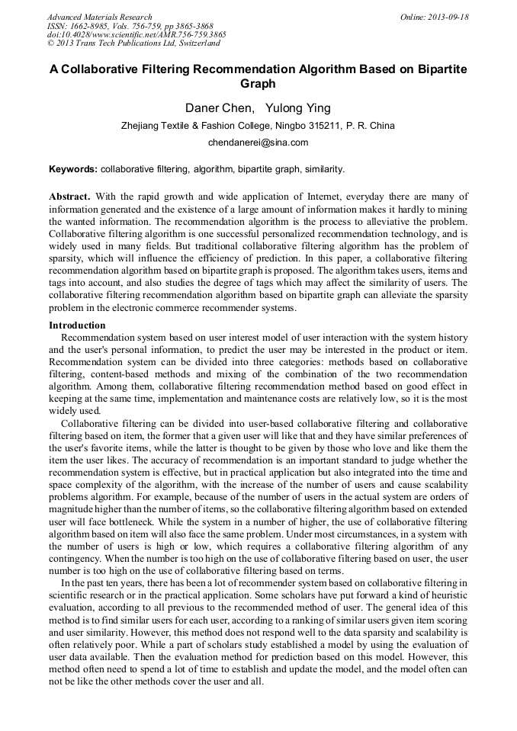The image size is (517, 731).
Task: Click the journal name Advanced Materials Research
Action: coord(99,17)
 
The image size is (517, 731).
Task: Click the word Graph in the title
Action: coord(258,84)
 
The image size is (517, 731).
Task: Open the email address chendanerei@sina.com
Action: coord(258,143)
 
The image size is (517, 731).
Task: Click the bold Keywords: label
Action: coord(73,168)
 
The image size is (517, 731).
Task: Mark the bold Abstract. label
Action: coord(70,197)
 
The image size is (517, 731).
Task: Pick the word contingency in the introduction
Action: coord(76,562)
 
